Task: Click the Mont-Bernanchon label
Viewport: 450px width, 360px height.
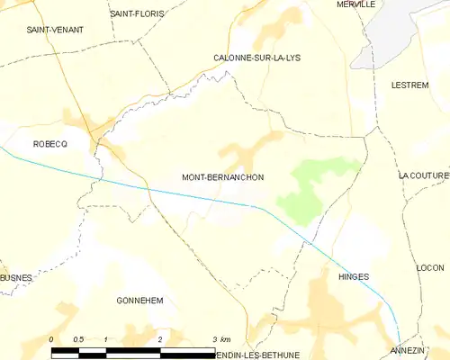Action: pos(222,177)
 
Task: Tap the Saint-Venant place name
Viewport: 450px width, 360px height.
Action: pos(55,30)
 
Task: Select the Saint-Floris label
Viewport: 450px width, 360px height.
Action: pos(136,13)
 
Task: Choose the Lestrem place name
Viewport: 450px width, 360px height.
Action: pos(409,85)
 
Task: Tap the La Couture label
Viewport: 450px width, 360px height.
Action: pos(423,175)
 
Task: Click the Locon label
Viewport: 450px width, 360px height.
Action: pos(430,268)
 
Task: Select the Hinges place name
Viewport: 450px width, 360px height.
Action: pos(354,277)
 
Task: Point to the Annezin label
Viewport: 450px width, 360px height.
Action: pos(408,349)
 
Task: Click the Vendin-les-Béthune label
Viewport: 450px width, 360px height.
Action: pos(261,355)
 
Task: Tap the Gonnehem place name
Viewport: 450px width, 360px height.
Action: pos(139,301)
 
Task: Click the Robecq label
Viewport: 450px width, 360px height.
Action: pos(50,144)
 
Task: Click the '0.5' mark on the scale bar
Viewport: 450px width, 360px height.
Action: pos(78,339)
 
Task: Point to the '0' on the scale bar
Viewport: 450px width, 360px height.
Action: pos(52,339)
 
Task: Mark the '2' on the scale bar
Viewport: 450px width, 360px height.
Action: pos(160,339)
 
